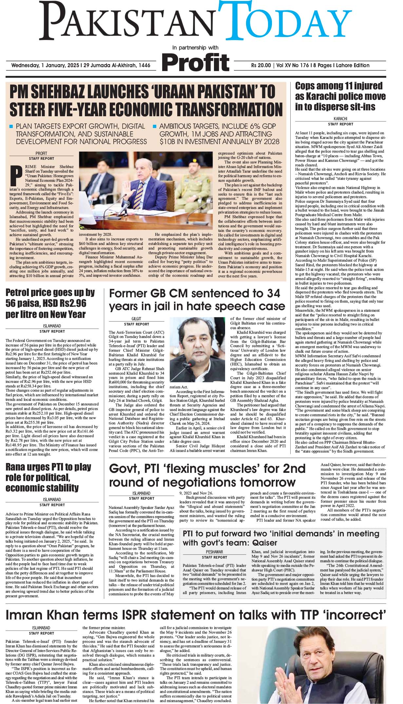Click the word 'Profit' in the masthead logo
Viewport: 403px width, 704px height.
pos(196,62)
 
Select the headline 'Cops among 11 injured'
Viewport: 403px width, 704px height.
pos(339,86)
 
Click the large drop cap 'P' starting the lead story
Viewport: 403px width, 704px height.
pos(14,176)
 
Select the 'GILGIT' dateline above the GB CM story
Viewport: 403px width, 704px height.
pos(136,319)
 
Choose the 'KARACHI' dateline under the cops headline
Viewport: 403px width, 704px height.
pos(340,119)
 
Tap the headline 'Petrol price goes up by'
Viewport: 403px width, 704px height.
pos(50,292)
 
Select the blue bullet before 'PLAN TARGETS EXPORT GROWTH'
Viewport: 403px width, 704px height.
pos(11,126)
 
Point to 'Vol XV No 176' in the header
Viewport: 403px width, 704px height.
pos(293,65)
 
